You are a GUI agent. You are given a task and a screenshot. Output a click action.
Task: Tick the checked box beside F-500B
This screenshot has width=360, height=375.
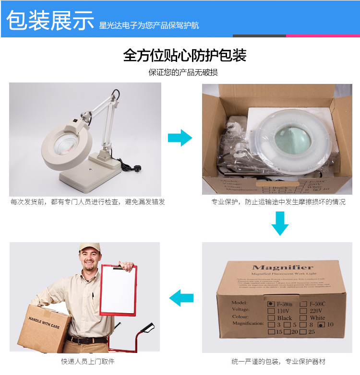click(271, 304)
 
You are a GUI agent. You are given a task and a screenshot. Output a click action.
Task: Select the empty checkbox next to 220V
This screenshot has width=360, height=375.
click(304, 311)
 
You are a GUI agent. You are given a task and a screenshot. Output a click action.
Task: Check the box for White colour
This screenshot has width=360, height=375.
click(304, 318)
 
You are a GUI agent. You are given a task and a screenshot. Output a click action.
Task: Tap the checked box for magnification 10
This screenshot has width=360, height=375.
click(321, 325)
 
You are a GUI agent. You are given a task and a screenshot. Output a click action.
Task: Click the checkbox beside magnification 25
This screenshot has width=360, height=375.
click(304, 332)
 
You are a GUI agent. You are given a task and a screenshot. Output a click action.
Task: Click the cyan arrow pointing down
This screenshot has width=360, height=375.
click(280, 223)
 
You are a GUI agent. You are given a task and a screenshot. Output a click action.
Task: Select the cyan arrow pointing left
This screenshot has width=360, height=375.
click(181, 298)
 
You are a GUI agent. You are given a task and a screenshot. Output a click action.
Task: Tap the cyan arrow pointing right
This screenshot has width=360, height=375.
click(180, 138)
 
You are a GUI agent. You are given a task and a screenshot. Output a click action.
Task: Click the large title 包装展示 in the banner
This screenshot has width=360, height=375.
click(50, 20)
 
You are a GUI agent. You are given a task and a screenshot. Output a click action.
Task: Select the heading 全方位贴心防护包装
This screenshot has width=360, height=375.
click(184, 56)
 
